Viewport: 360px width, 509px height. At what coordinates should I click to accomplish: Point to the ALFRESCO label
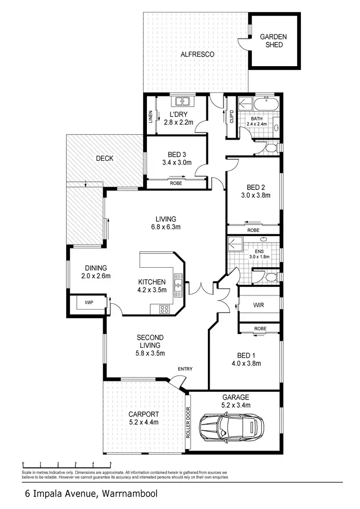[x=197, y=55]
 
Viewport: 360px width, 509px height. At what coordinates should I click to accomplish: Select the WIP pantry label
[x=88, y=303]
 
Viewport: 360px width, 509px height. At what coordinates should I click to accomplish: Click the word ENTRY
[x=185, y=369]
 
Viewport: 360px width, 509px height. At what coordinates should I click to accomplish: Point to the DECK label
[x=104, y=158]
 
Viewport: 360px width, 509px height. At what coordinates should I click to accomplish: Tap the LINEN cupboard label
[x=150, y=117]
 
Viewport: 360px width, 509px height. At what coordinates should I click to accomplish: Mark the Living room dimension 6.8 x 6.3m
[x=165, y=227]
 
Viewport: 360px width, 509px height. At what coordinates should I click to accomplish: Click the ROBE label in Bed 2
[x=253, y=230]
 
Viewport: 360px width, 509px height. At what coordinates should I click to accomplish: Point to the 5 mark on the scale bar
[x=110, y=464]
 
